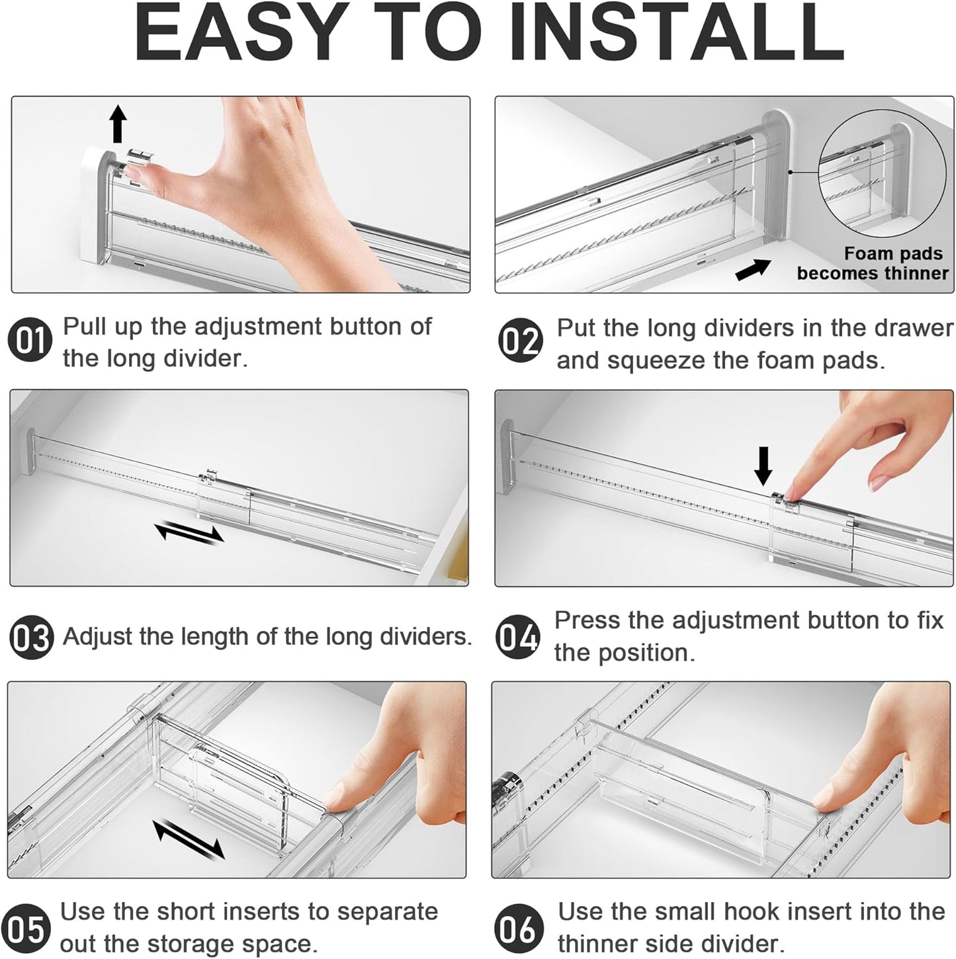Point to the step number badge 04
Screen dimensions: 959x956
pyautogui.click(x=518, y=637)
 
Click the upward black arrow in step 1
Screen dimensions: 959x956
pyautogui.click(x=118, y=124)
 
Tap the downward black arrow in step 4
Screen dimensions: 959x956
pyautogui.click(x=763, y=465)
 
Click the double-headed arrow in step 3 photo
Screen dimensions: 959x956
pyautogui.click(x=189, y=532)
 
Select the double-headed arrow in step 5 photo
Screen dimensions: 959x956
pyautogui.click(x=189, y=839)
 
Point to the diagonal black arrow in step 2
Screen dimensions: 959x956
pyautogui.click(x=753, y=269)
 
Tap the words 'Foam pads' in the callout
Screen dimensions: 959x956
pyautogui.click(x=892, y=254)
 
